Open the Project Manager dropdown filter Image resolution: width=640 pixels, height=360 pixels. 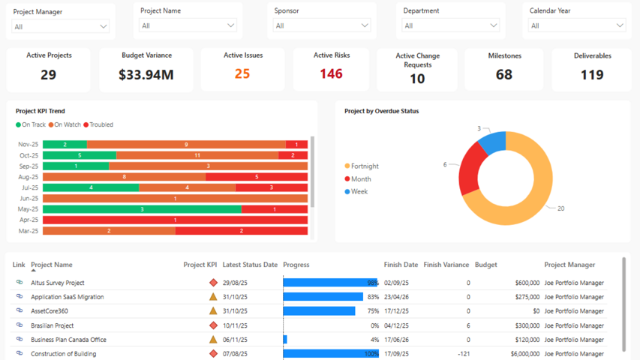61,26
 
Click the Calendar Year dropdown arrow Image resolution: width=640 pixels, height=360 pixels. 620,25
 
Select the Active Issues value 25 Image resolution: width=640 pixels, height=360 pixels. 242,73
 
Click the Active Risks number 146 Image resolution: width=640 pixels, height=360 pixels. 331,73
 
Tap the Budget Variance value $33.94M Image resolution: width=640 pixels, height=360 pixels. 146,74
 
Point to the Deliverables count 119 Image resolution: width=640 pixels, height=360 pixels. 592,74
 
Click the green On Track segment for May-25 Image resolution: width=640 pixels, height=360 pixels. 142,209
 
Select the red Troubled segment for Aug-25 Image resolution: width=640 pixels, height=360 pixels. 257,177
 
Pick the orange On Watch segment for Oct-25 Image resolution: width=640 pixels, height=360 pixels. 197,155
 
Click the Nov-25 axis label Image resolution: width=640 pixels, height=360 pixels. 29,145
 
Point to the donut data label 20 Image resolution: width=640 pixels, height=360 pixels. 560,208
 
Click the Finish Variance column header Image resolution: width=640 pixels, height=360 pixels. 446,265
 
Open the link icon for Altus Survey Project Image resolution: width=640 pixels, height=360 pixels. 20,283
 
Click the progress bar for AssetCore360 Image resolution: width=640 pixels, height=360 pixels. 319,311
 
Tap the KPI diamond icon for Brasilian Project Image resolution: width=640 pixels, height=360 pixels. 213,325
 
